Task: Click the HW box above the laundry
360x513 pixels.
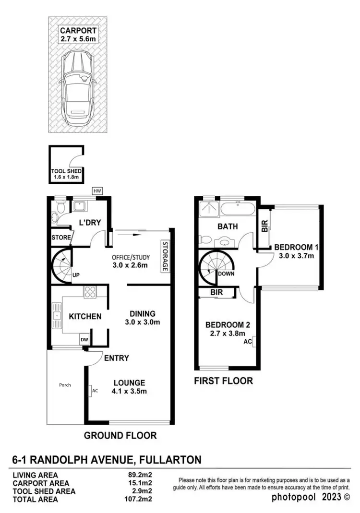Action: [97, 191]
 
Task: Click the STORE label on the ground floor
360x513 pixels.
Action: [61, 237]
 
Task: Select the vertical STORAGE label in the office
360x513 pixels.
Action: [164, 256]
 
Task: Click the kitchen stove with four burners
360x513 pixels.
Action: [90, 292]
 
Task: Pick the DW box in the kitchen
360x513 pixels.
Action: [84, 340]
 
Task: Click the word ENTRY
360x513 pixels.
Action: [117, 358]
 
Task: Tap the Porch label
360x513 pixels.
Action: [65, 385]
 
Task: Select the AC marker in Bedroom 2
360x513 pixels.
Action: [248, 342]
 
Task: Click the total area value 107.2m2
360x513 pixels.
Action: [138, 499]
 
